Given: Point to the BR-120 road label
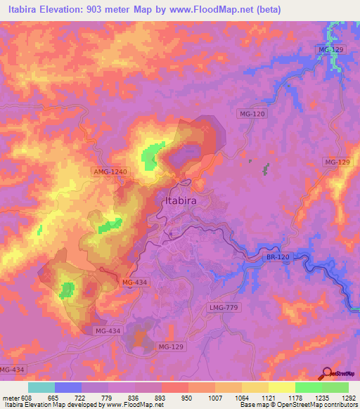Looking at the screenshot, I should click(278, 258).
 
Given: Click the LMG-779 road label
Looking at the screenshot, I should click(224, 306).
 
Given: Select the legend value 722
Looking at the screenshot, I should click(82, 396).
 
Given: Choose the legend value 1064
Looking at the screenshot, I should click(242, 396).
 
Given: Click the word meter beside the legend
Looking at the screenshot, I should click(10, 396).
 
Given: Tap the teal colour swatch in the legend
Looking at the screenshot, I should click(41, 387).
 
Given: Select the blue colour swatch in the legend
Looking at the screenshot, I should click(68, 387).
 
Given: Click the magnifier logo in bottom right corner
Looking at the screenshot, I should click(328, 374).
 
